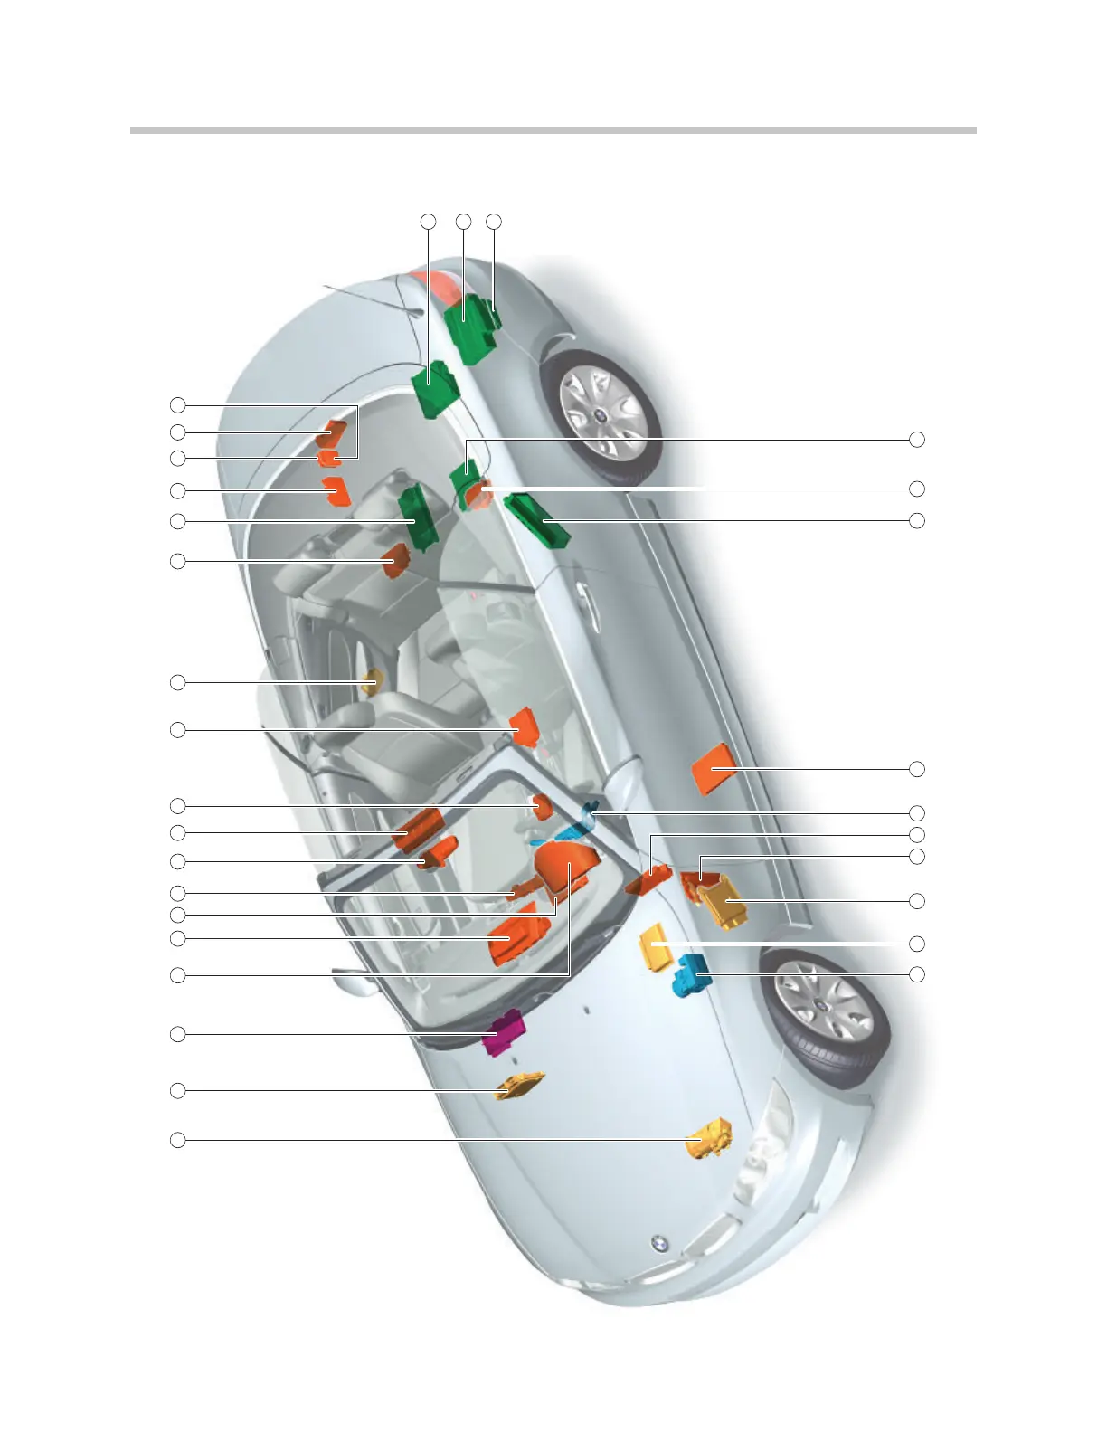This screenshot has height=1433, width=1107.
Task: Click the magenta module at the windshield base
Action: pos(503,1033)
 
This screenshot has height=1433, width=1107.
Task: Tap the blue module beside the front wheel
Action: pos(691,975)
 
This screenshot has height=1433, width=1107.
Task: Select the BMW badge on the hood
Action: pos(660,1245)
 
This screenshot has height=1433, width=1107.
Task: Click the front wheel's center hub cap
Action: pos(818,1006)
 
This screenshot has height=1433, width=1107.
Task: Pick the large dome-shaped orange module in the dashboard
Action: pos(568,865)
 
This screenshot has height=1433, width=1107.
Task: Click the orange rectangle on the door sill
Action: pos(712,767)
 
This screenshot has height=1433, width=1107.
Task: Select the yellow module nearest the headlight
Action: pos(709,1138)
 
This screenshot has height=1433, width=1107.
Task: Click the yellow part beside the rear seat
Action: pos(371,683)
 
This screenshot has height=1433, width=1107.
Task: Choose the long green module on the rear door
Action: pos(537,519)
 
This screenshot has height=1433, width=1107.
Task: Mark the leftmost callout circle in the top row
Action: pos(429,221)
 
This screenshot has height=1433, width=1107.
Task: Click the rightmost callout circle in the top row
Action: pos(494,221)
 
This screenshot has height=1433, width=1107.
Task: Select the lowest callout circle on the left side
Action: pos(178,1140)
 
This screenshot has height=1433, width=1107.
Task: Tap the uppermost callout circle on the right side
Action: pos(917,440)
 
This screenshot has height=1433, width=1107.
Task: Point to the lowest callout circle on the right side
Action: pos(917,974)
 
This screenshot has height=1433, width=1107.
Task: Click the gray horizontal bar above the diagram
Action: pos(553,130)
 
